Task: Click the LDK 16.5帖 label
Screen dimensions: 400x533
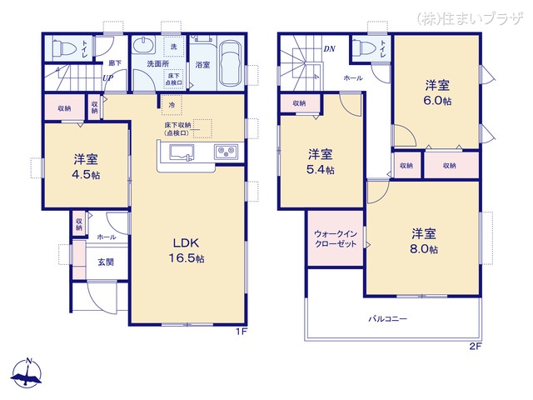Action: point(188,251)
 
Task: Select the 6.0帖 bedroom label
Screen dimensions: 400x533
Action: point(437,91)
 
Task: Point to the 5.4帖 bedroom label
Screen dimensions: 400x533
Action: point(321,162)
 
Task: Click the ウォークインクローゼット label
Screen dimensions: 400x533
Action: point(335,240)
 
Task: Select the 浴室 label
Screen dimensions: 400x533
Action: point(202,63)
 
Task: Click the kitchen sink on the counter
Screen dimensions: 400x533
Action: point(182,152)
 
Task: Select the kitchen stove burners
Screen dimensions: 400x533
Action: point(227,152)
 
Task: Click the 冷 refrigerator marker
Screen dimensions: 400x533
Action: point(172,105)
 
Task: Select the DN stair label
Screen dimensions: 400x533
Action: point(330,48)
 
